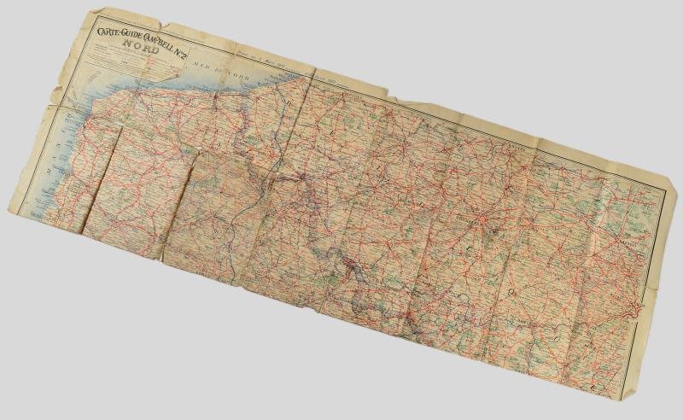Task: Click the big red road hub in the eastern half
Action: tap(484, 224)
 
